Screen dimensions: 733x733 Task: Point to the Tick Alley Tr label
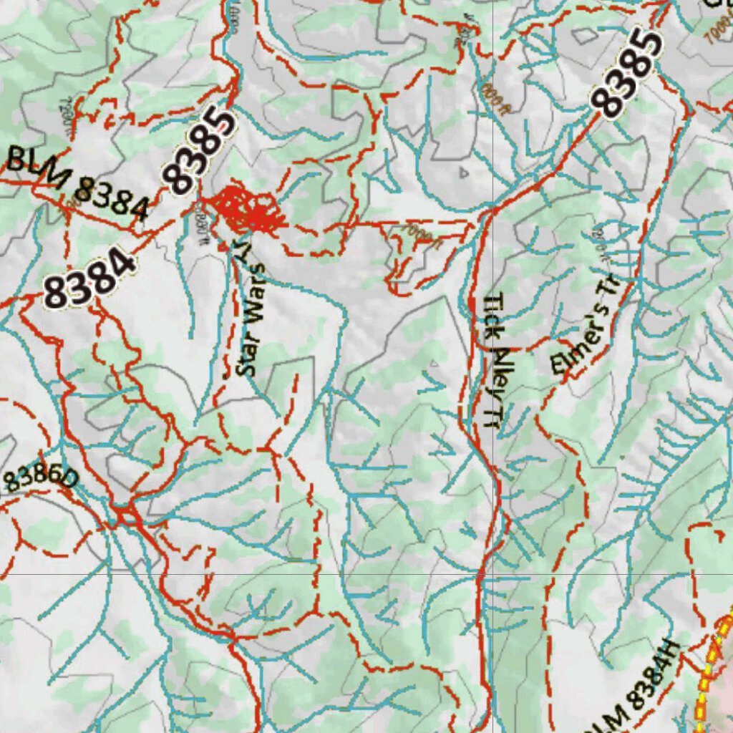(x=493, y=361)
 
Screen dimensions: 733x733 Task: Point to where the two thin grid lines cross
(x=493, y=573)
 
